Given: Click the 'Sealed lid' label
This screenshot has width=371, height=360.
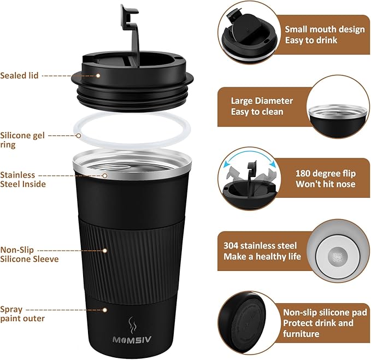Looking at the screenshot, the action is click(x=19, y=75).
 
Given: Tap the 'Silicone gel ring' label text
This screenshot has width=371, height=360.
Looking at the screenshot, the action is click(x=22, y=140).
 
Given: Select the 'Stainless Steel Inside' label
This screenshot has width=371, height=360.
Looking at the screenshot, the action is click(x=23, y=179).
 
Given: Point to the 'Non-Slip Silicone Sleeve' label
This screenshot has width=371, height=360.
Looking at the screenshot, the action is click(x=30, y=254).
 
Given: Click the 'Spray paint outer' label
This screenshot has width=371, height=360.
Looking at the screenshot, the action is click(x=22, y=314).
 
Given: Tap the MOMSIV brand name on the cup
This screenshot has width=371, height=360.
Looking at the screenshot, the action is click(x=132, y=340).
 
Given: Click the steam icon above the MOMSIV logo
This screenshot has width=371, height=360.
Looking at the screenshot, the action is click(x=132, y=326).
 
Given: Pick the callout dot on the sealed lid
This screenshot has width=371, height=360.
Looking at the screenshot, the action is click(x=98, y=76).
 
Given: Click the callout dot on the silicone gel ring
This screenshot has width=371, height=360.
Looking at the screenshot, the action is click(x=79, y=136).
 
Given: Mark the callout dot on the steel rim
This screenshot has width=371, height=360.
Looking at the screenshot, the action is click(x=105, y=175).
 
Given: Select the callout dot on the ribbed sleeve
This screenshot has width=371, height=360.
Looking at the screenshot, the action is click(x=105, y=250).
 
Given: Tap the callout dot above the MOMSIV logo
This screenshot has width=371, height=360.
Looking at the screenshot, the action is click(x=105, y=310).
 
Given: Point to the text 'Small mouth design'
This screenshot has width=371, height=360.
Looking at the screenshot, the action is click(x=325, y=29).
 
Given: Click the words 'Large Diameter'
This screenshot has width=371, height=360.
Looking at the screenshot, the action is click(x=262, y=101).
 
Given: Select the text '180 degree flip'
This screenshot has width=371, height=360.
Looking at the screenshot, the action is click(x=326, y=173).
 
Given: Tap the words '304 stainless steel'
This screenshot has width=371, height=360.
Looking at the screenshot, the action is click(x=260, y=245).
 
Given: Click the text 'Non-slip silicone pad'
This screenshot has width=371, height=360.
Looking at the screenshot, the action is click(x=325, y=312).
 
